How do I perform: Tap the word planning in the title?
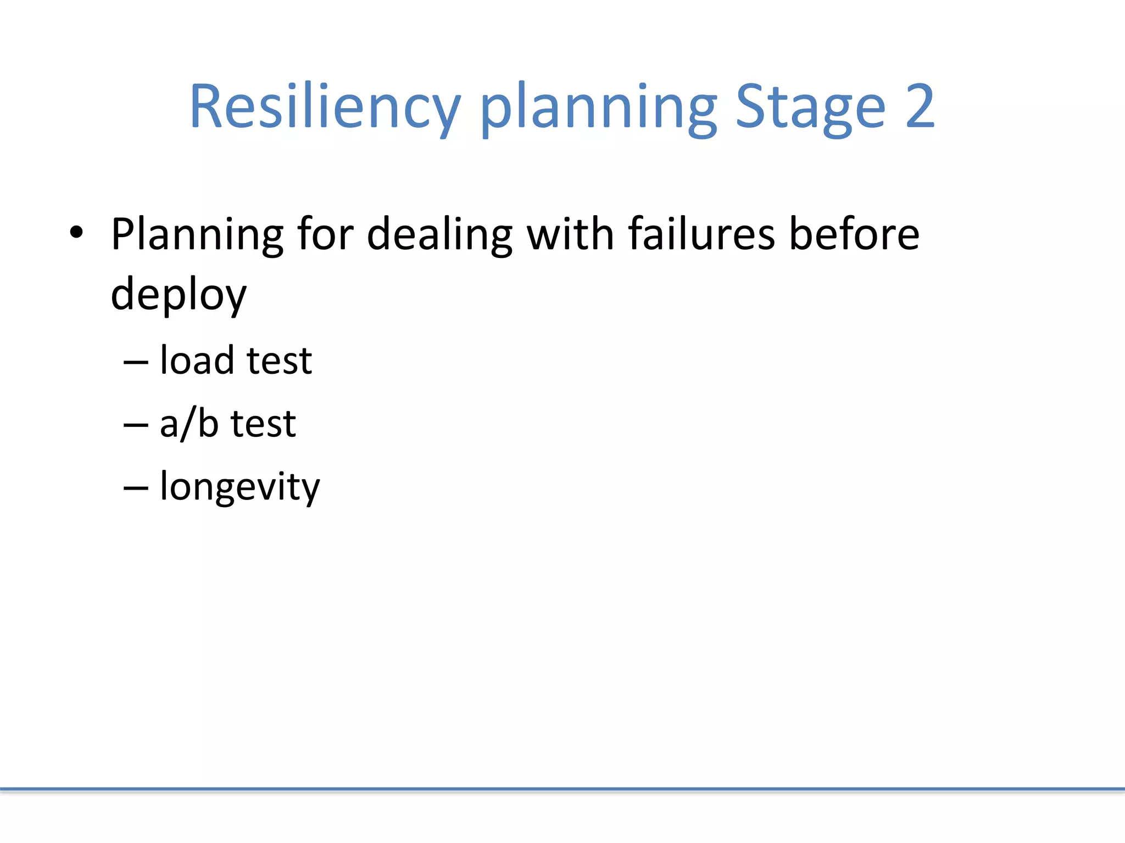click(598, 107)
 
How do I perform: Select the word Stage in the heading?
click(810, 107)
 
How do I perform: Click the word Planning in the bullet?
click(197, 234)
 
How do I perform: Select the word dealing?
click(439, 234)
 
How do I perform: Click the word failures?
click(701, 234)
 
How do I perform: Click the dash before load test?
click(136, 363)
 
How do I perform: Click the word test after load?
click(280, 362)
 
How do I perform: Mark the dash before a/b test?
click(136, 425)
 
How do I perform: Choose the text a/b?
click(189, 424)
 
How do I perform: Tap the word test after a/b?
click(263, 424)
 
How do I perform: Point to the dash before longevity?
click(136, 488)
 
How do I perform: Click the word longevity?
click(240, 488)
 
